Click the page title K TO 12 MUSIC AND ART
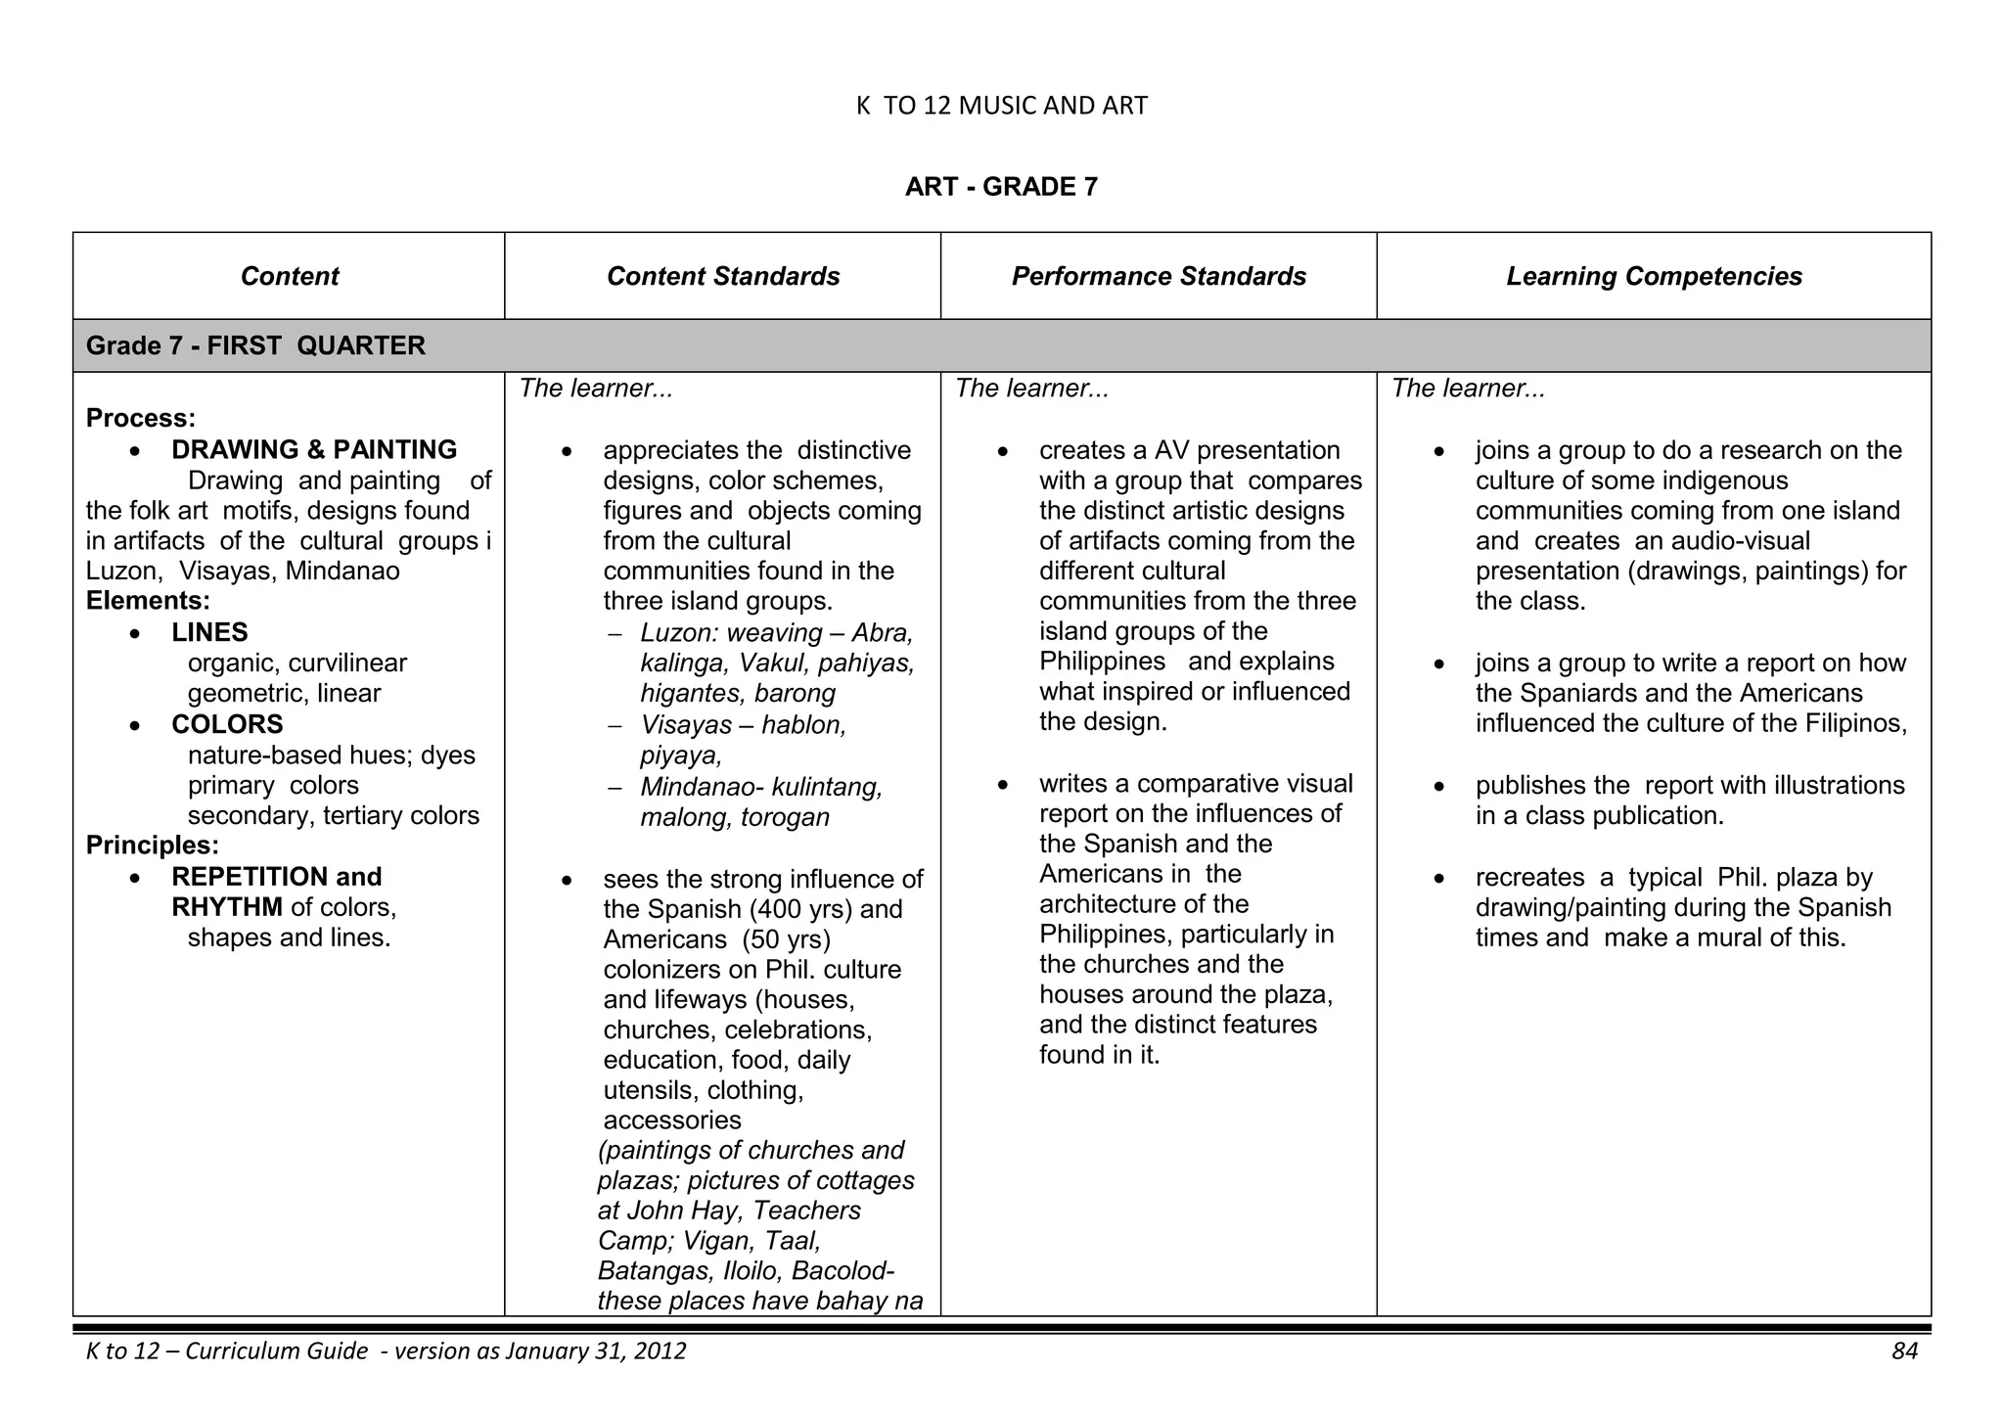pos(1001,106)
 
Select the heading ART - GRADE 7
pos(1001,187)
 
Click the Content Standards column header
pos(723,277)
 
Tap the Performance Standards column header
pos(1159,277)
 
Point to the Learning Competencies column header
pos(1654,277)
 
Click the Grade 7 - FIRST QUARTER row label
pos(255,346)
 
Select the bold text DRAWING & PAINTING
pos(314,450)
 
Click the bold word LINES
pos(209,633)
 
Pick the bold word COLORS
pos(227,725)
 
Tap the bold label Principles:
pos(153,846)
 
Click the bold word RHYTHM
pos(227,908)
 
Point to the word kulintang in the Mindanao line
pos(827,788)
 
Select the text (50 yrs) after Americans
pos(786,940)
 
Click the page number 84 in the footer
pos(1904,1351)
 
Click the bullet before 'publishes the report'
pos(1438,787)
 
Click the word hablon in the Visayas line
pos(803,726)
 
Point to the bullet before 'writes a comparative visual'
pos(1002,785)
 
